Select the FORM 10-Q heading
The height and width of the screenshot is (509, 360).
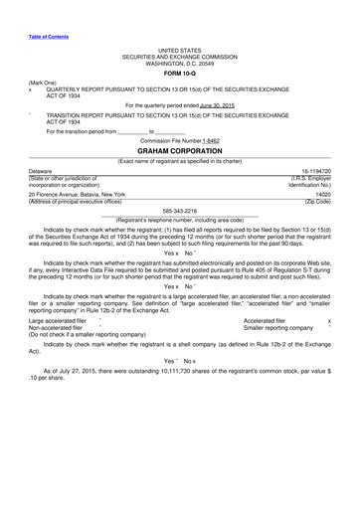(x=179, y=72)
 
